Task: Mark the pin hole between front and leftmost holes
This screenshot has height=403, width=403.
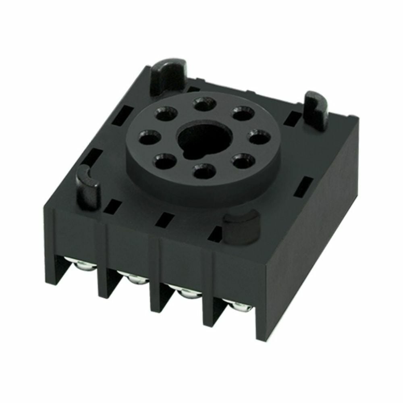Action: tap(166, 162)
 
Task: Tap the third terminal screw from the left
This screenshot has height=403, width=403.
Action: tap(186, 293)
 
